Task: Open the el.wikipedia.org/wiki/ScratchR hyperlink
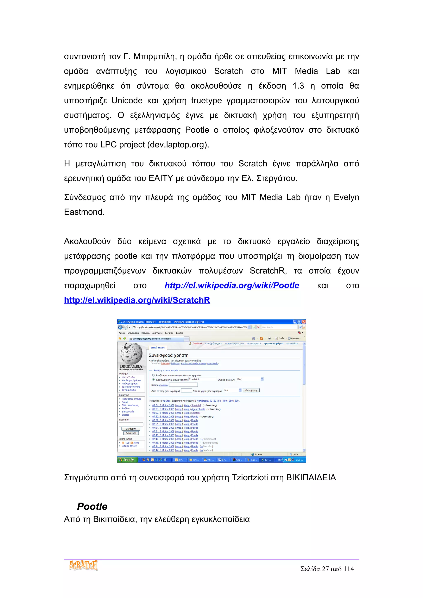point(137,300)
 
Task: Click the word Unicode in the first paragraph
point(127,100)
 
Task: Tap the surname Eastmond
point(84,212)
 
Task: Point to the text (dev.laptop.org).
point(178,145)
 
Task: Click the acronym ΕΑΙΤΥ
point(161,178)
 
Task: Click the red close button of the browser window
point(304,322)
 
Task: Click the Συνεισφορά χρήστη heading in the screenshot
point(168,355)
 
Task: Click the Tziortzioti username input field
point(202,379)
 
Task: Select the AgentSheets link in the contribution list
point(198,409)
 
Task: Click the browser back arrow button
point(120,327)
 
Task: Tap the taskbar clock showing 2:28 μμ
point(299,460)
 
